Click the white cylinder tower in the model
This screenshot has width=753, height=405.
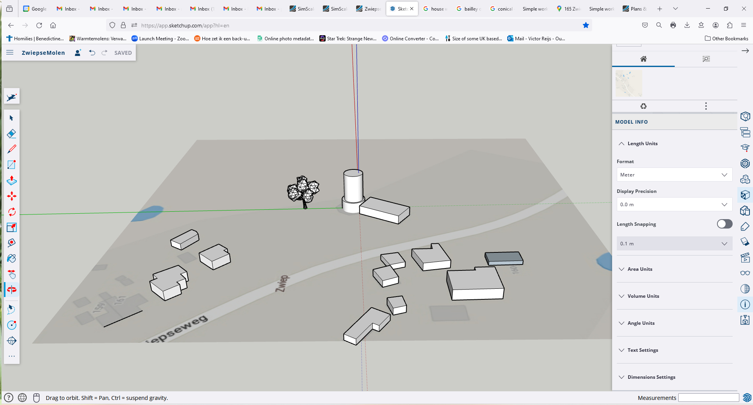coord(353,188)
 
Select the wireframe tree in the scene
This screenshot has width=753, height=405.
coord(303,190)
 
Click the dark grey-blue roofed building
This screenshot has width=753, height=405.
coord(504,258)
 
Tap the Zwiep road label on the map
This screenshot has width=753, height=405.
coord(283,283)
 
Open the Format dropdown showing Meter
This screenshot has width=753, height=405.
coord(674,175)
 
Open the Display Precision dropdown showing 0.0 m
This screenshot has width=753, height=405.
coord(674,205)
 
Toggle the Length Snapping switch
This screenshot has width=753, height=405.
coord(724,224)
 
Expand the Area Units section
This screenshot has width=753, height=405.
coord(640,269)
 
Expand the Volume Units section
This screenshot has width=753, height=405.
coord(643,296)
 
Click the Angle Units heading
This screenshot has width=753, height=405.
coord(641,323)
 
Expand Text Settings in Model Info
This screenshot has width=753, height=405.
coord(643,350)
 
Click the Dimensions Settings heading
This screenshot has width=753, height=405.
coord(651,377)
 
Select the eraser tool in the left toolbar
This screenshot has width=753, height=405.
coord(12,134)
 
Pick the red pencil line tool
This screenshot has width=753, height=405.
coord(12,149)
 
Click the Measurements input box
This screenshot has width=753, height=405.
coord(708,398)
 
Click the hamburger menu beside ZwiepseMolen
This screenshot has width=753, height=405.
coord(10,52)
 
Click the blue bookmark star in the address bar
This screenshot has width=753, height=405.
coord(586,25)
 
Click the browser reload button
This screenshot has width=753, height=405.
coord(39,25)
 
